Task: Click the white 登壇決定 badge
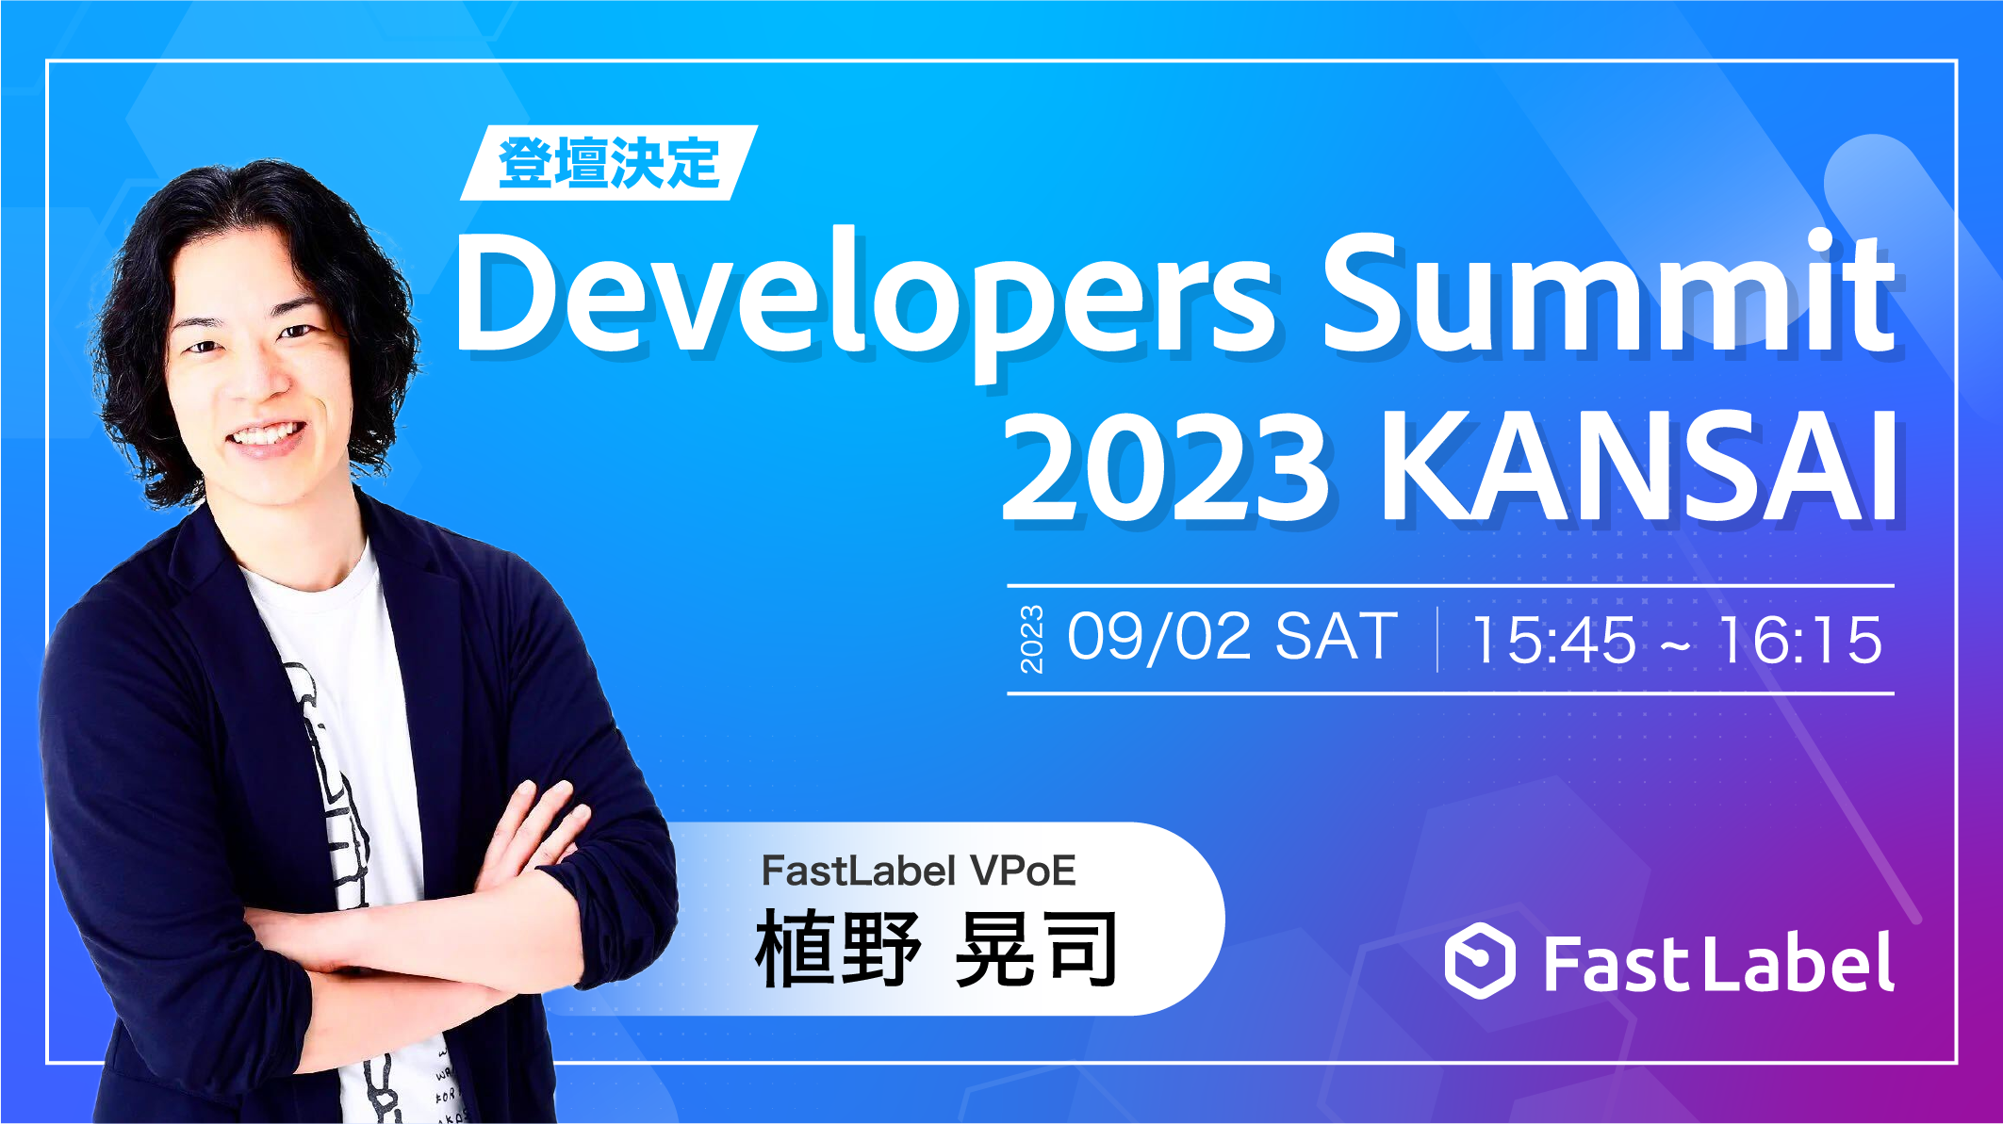pos(609,163)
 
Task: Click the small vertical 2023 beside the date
pos(1032,640)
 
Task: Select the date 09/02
pos(1159,638)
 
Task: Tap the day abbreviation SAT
pos(1337,638)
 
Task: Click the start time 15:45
pos(1554,641)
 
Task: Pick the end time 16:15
pos(1800,641)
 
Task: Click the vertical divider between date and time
pos(1437,640)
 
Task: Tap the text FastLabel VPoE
pos(918,871)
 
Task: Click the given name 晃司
pos(1036,950)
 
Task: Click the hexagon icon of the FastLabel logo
pos(1480,961)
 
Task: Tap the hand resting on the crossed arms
pos(537,829)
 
